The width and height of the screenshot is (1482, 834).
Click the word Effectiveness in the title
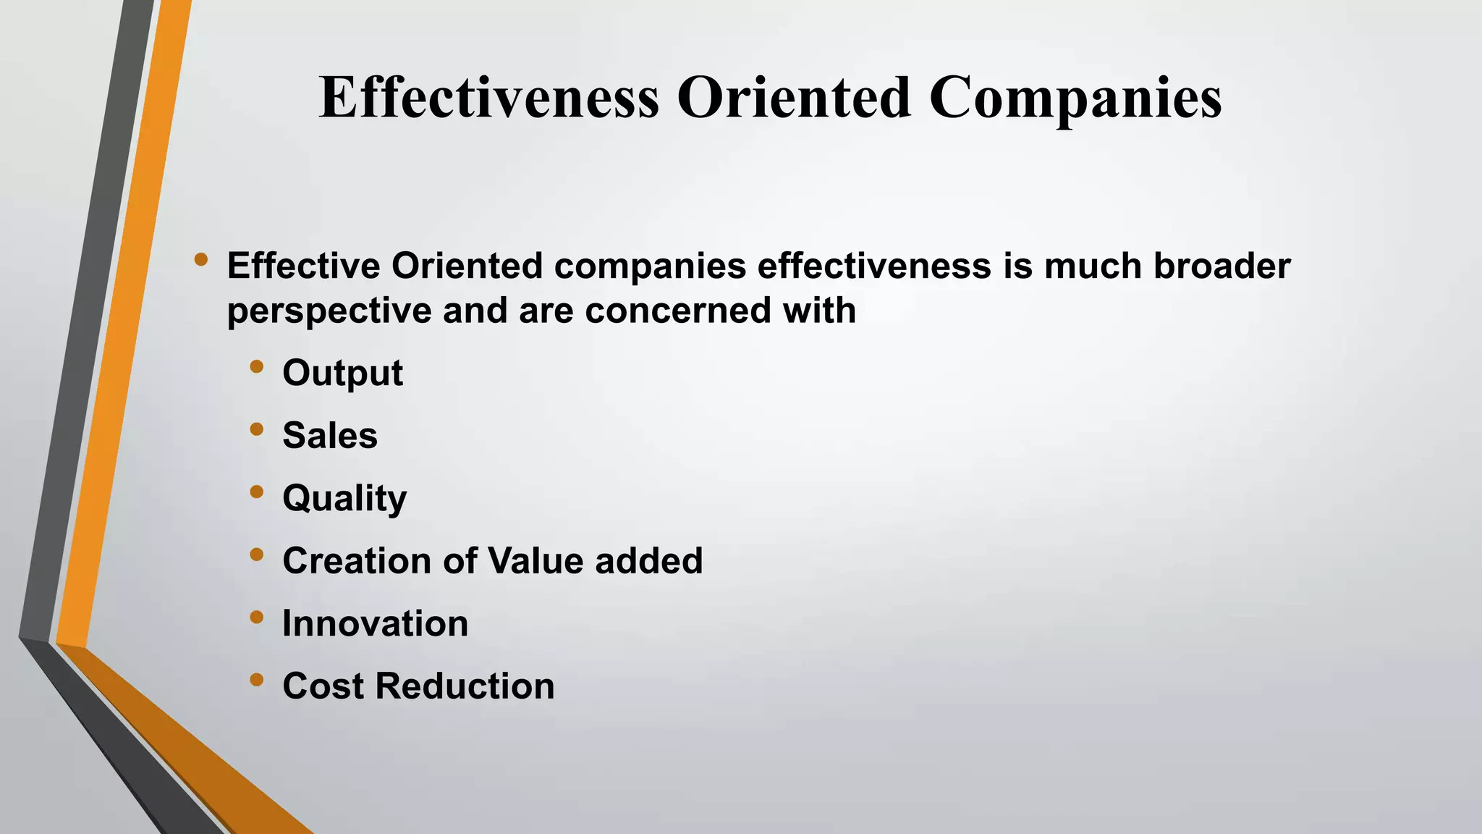[x=489, y=98]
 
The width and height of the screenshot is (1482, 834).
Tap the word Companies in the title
[x=1075, y=99]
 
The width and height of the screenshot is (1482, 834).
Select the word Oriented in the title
[x=793, y=98]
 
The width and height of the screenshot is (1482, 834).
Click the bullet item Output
[x=342, y=374]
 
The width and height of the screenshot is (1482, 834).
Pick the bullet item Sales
[x=330, y=436]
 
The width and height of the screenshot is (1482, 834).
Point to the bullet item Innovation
[x=375, y=624]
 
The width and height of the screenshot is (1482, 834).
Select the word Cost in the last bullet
[x=323, y=686]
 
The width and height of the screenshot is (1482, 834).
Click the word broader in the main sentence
[x=1221, y=266]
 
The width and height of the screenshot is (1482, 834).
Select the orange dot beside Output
[x=256, y=367]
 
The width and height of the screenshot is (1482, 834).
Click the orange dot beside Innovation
[x=256, y=618]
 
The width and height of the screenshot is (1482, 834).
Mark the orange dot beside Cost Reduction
[x=256, y=680]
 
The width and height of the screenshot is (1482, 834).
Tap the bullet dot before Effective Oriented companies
[x=201, y=259]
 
